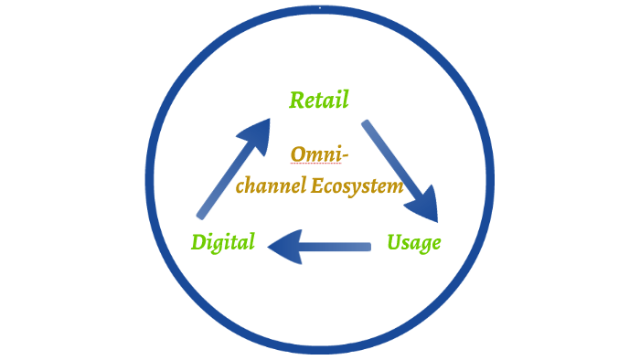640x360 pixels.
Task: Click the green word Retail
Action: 319,100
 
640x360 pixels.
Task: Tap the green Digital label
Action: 223,243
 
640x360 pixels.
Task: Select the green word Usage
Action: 413,243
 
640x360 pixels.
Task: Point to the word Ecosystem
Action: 357,186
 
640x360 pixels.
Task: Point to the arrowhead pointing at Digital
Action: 283,246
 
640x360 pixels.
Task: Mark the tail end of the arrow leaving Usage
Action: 368,246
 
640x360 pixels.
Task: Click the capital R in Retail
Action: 297,100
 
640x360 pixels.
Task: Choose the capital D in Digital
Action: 199,243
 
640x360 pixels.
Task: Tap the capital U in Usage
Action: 395,242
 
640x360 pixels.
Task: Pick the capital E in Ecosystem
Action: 316,186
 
